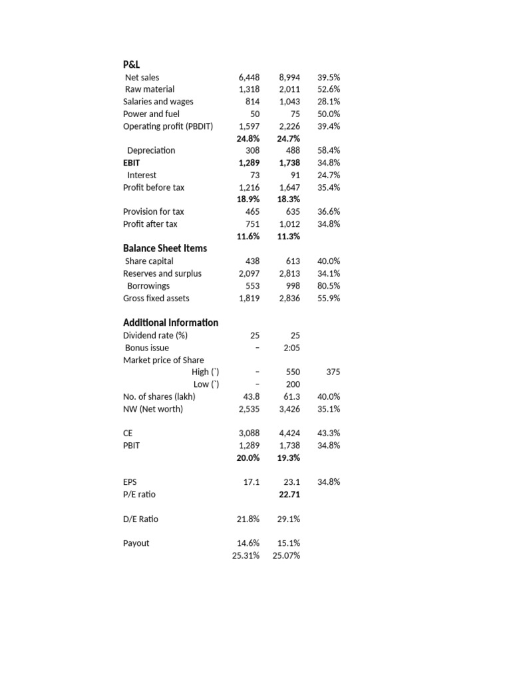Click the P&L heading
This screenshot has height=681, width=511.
click(x=132, y=65)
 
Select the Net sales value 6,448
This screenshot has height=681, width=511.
click(x=249, y=77)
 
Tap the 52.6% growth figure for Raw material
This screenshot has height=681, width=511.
click(x=329, y=89)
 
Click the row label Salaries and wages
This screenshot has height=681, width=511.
click(x=158, y=102)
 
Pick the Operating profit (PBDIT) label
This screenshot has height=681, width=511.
click(x=168, y=126)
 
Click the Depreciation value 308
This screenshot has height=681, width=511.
click(x=252, y=150)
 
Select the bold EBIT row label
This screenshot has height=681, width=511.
click(x=132, y=162)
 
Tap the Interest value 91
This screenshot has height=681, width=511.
click(x=293, y=175)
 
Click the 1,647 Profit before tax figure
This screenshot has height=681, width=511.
click(x=289, y=188)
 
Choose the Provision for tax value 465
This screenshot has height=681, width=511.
click(x=252, y=211)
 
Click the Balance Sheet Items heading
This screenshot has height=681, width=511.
click(x=165, y=248)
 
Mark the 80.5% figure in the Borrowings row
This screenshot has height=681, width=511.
click(x=329, y=286)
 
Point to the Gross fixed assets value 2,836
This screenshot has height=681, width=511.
click(x=289, y=298)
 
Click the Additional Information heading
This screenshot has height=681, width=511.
click(x=170, y=323)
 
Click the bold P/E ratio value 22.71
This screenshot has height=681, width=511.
click(x=289, y=494)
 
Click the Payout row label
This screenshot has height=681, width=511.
click(x=136, y=543)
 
